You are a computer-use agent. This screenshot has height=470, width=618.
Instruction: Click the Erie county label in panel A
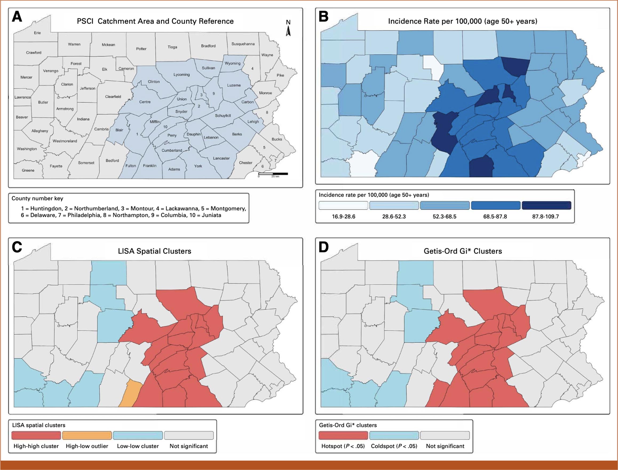[x=37, y=33]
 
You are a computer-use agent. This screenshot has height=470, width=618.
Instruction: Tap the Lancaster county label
[x=221, y=158]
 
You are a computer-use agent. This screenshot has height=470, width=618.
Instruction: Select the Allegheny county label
[x=40, y=131]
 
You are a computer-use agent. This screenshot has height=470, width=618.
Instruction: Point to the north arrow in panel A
[x=288, y=29]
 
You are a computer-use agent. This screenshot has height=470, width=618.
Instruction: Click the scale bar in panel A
[x=273, y=174]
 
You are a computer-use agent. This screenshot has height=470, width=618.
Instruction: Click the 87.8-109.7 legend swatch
[x=546, y=205]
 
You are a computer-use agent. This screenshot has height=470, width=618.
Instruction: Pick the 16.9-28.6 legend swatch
[x=343, y=205]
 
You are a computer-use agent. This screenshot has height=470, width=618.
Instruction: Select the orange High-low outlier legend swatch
[x=87, y=435]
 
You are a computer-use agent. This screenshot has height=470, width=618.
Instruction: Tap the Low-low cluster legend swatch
[x=138, y=435]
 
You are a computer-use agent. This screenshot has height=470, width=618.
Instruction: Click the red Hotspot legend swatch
[x=343, y=435]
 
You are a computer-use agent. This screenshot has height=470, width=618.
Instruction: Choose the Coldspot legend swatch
[x=394, y=435]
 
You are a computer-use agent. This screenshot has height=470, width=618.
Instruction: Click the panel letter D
[x=324, y=247]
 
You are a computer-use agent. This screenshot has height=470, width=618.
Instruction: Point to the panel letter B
[x=324, y=17]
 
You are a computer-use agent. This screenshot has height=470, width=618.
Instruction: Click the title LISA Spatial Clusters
[x=154, y=251]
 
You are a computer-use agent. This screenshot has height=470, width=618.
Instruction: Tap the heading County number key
[x=37, y=198]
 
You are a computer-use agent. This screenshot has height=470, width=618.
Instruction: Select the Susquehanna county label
[x=243, y=44]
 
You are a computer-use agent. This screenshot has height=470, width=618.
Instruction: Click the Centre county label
[x=145, y=102]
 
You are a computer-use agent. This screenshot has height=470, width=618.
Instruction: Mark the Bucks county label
[x=276, y=139]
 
